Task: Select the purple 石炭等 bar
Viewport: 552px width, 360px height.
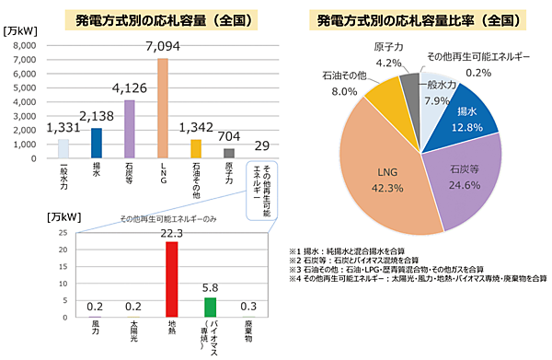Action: tap(130, 129)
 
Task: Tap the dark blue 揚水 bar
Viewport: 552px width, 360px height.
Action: tap(97, 143)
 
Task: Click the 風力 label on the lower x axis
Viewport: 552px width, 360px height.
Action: tap(95, 329)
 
